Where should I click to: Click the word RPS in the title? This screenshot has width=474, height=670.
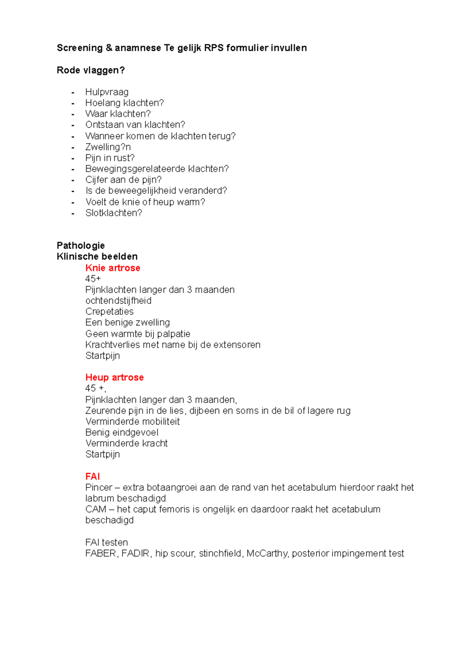point(214,48)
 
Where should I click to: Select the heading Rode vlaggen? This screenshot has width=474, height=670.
point(90,70)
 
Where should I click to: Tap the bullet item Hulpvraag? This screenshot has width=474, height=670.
point(107,92)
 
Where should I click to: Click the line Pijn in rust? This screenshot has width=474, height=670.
point(110,158)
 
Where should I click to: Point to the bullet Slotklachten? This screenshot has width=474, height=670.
point(113,213)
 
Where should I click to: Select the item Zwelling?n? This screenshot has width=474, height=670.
point(108,147)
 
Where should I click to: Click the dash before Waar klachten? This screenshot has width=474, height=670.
point(73,114)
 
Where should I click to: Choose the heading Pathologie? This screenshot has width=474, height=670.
point(81,245)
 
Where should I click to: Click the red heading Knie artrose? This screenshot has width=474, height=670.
point(113,268)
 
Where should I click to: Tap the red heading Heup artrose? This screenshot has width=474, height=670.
point(114,377)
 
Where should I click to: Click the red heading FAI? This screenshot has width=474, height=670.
point(92,476)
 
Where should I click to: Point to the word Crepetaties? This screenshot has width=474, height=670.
point(109,312)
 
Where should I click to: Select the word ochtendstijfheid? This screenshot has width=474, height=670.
point(118,301)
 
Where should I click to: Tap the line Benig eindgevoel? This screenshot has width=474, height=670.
point(122,432)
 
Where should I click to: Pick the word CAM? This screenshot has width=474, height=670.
point(96,509)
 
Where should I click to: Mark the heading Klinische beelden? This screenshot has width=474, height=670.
point(97,256)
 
